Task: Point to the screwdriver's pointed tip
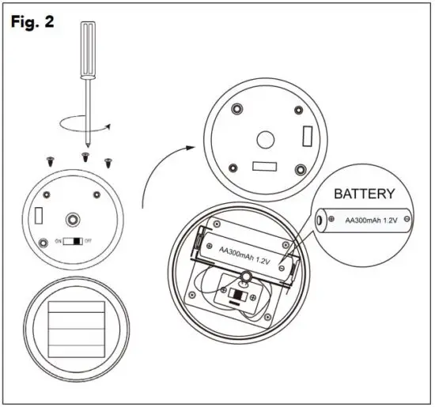coord(89,145)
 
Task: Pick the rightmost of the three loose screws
coord(109,161)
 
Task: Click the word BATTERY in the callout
coord(364,194)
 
